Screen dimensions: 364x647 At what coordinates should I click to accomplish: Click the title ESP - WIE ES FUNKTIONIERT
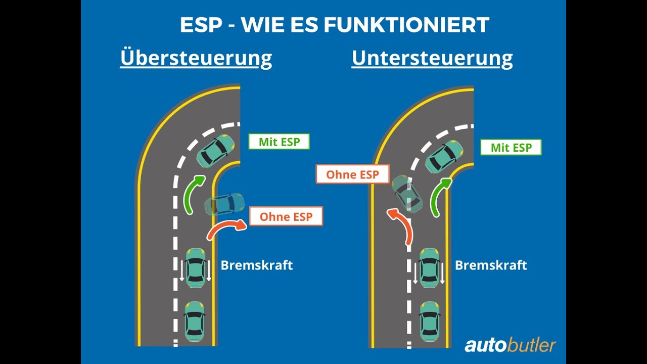[334, 25]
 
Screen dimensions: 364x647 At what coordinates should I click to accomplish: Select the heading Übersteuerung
[196, 58]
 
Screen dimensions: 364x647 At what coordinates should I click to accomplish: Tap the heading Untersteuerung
[432, 58]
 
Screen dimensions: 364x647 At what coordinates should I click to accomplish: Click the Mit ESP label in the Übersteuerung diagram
[279, 142]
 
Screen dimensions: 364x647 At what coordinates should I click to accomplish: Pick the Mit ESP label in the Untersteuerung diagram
[511, 148]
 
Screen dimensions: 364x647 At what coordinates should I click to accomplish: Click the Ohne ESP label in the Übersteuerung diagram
[286, 217]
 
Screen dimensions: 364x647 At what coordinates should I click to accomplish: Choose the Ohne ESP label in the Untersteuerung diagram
[352, 174]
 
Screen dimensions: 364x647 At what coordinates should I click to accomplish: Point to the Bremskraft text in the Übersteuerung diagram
[257, 265]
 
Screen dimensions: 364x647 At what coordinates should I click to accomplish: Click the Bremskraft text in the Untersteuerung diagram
[491, 265]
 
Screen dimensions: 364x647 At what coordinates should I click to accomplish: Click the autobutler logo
[510, 345]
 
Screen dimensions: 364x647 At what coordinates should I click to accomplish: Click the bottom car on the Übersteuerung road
[194, 322]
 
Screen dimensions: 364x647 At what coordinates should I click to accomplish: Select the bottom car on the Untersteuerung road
[429, 322]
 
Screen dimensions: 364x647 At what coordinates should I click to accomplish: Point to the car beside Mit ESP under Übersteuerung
[215, 151]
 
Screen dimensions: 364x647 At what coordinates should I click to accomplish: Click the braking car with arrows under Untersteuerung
[429, 268]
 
